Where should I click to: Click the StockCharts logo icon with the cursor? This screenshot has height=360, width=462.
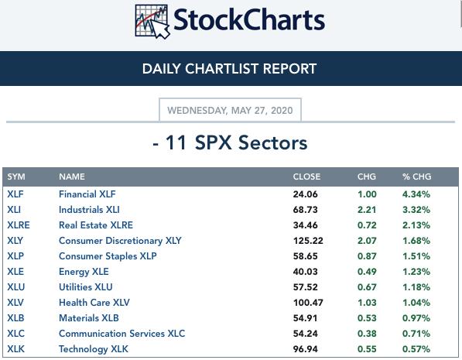(x=152, y=22)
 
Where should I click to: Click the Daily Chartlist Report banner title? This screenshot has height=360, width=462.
(x=229, y=69)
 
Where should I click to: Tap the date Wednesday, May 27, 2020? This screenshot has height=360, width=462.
(x=230, y=110)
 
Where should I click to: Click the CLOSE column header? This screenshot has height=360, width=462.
(x=306, y=177)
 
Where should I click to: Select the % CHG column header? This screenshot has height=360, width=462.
(x=416, y=177)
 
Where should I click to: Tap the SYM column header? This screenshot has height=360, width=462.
(x=16, y=177)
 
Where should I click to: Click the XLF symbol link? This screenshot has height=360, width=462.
(x=15, y=194)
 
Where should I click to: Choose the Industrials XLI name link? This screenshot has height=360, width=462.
(x=89, y=210)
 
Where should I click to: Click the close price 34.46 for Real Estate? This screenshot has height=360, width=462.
(x=305, y=225)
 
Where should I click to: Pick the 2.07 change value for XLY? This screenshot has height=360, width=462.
(x=367, y=241)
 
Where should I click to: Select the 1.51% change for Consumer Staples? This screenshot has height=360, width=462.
(x=416, y=256)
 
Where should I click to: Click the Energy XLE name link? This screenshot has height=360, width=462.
(x=84, y=272)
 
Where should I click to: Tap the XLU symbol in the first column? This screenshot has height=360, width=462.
(x=16, y=287)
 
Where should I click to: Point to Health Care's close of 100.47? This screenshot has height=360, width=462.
(x=308, y=303)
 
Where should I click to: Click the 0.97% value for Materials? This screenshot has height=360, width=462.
(x=416, y=318)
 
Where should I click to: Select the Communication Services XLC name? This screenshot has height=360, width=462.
(x=122, y=334)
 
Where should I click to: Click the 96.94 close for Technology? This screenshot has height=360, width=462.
(x=305, y=349)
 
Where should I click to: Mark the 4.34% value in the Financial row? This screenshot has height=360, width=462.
(x=416, y=194)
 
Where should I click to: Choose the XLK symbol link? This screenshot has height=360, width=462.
(x=16, y=349)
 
